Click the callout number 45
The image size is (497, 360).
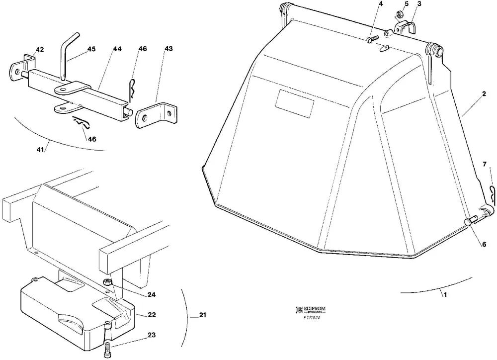[91, 49]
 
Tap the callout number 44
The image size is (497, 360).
[117, 49]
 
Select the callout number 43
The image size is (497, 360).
[169, 49]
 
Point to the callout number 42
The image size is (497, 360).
[40, 49]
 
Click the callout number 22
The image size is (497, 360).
[152, 315]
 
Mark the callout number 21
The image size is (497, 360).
[202, 315]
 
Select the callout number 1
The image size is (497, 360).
[445, 294]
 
